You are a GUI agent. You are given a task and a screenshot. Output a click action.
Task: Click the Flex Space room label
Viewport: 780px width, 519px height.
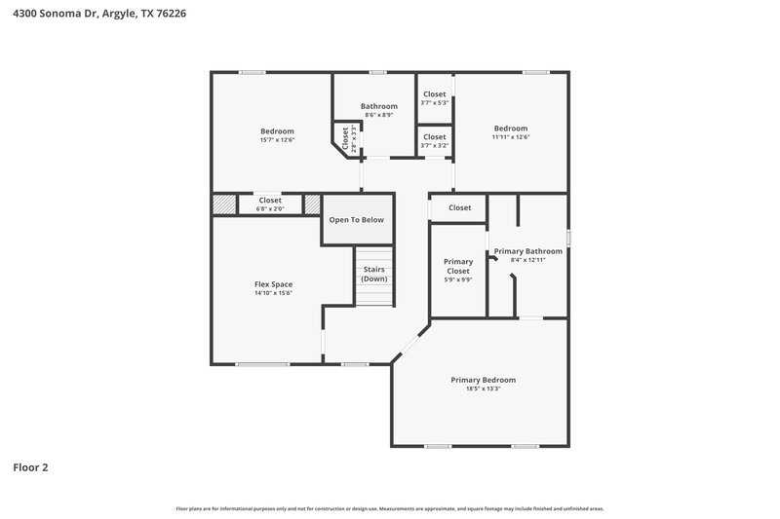[273, 284]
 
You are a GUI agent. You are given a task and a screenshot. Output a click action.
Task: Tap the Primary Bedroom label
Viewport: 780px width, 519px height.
[483, 380]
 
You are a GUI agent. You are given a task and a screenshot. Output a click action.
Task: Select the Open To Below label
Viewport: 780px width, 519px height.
[356, 220]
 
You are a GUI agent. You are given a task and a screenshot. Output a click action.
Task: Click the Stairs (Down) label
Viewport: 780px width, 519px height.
[374, 274]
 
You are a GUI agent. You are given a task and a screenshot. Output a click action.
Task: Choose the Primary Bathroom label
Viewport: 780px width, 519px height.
[527, 251]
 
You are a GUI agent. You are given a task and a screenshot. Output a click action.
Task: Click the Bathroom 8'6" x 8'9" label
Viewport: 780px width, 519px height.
[379, 106]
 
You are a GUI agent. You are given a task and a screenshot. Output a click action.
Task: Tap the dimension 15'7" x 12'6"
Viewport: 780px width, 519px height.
[277, 140]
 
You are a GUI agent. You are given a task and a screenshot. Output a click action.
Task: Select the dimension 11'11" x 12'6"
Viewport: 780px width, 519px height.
[510, 137]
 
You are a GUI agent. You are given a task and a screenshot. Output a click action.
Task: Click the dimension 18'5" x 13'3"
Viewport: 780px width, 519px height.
[483, 389]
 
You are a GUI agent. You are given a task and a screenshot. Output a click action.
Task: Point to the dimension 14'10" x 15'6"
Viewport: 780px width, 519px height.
[273, 293]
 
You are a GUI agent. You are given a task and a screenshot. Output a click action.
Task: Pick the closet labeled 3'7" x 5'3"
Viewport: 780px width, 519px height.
[434, 102]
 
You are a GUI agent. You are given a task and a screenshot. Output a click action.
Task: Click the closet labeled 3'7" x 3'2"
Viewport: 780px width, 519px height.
[434, 145]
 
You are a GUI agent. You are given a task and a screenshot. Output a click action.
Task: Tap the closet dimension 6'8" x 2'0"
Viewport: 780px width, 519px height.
[270, 208]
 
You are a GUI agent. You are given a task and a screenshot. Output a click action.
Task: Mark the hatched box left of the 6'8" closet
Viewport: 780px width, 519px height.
[225, 204]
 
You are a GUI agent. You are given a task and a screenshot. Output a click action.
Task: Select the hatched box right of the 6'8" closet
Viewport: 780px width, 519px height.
[312, 204]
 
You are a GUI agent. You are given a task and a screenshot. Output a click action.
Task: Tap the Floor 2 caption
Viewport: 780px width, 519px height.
[30, 467]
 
